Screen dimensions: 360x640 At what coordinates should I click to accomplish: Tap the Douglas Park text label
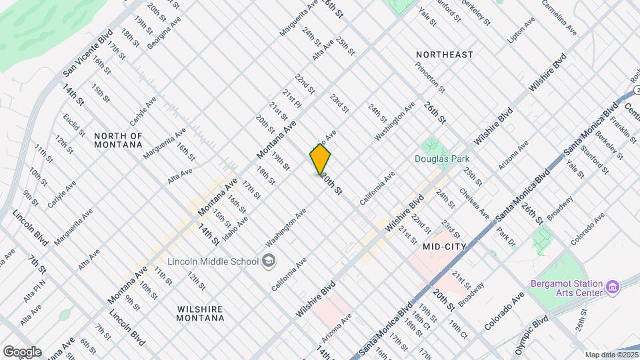pyautogui.click(x=442, y=159)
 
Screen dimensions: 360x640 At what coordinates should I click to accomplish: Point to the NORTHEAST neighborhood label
pyautogui.click(x=444, y=54)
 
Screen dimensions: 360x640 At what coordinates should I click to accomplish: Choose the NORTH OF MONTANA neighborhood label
pyautogui.click(x=118, y=140)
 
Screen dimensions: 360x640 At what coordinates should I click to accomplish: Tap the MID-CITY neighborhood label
pyautogui.click(x=443, y=247)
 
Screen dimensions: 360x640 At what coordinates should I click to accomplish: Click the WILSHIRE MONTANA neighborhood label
pyautogui.click(x=201, y=313)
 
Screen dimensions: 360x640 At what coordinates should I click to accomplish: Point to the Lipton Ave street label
pyautogui.click(x=521, y=31)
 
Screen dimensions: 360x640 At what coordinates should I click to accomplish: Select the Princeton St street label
pyautogui.click(x=429, y=76)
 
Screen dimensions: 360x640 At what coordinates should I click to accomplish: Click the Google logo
pyautogui.click(x=22, y=352)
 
